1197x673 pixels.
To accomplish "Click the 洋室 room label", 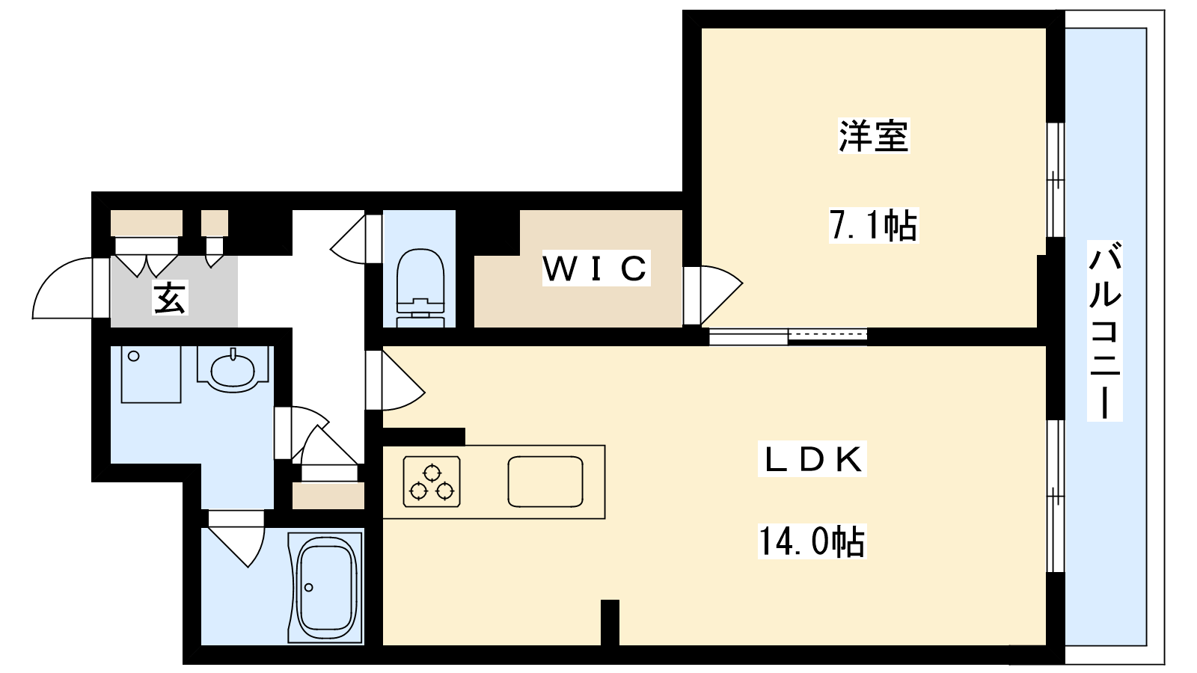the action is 873,136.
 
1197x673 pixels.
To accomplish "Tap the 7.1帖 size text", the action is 873,225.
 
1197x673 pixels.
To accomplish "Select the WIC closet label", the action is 596,268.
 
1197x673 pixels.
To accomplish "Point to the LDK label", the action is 812,459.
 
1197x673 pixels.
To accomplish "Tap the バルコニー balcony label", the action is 1104,330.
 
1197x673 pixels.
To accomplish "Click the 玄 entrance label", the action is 170,298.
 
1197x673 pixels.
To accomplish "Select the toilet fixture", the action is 420,287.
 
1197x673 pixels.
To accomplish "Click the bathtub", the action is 326,588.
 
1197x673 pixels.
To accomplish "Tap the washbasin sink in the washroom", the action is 233,369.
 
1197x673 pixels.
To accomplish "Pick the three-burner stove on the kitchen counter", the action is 432,482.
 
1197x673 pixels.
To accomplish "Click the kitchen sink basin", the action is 545,482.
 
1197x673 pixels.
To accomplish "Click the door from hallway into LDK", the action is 396,381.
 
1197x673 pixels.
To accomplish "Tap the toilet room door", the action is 355,239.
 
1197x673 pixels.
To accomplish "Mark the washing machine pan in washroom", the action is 151,374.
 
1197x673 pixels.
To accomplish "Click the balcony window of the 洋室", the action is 1055,179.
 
